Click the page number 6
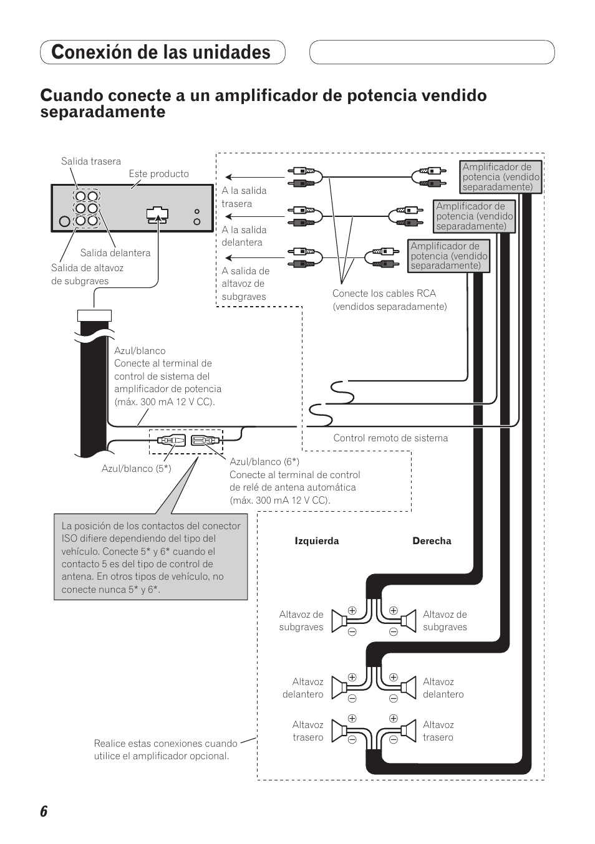click(44, 812)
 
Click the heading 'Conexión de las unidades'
click(162, 52)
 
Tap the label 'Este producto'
click(158, 174)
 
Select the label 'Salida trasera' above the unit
click(91, 161)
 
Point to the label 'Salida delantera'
click(115, 252)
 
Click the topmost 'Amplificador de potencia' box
click(501, 177)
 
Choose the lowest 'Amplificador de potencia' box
click(449, 256)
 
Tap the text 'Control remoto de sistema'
click(390, 438)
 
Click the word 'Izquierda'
click(317, 541)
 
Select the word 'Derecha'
click(432, 541)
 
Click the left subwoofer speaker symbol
click(340, 621)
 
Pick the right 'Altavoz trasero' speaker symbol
click(409, 731)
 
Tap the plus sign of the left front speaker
click(352, 677)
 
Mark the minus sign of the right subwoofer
click(394, 631)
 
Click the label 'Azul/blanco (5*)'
click(136, 468)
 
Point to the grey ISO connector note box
click(150, 557)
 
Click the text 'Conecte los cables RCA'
click(384, 294)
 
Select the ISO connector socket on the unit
click(157, 214)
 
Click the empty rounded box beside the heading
click(432, 52)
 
